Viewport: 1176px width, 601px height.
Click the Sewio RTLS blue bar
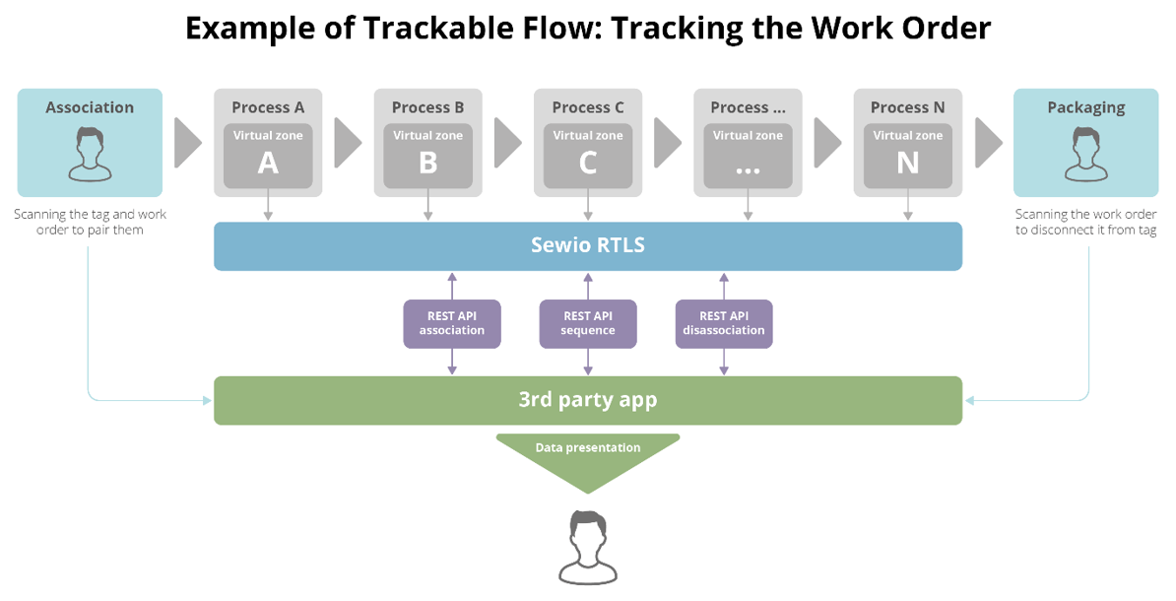(587, 245)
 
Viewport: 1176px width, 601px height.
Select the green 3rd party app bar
(587, 400)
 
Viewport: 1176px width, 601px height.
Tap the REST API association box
(452, 323)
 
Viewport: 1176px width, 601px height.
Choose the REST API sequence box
(588, 323)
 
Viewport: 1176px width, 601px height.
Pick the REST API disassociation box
(724, 323)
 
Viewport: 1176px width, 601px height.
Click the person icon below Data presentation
(588, 546)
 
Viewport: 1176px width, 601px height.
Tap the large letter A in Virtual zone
(268, 163)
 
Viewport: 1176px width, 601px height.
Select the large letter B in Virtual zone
(427, 163)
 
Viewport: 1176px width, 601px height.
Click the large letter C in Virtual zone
(588, 163)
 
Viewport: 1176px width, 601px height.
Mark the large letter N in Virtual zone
(907, 163)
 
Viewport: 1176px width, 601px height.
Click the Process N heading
(907, 107)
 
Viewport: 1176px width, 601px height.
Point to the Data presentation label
(588, 447)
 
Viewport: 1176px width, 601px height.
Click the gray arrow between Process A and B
(348, 144)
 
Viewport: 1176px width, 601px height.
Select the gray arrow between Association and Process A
(187, 144)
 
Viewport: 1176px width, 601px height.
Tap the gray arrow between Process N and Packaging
(988, 144)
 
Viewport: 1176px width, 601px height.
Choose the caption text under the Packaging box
(1085, 222)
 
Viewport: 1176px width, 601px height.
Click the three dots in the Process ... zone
(748, 167)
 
